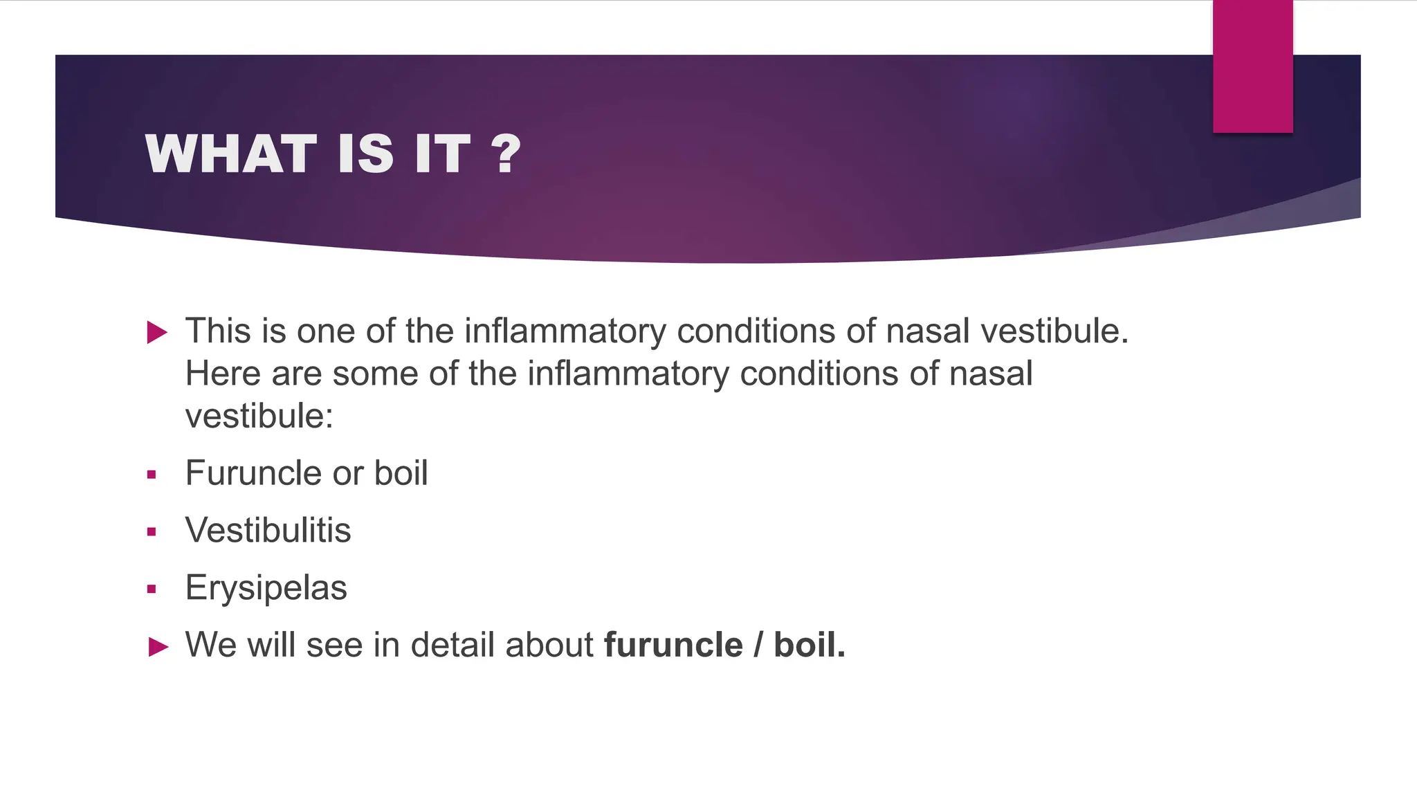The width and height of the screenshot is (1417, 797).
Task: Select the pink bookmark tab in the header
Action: [x=1252, y=66]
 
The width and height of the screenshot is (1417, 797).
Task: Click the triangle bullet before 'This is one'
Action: [x=158, y=333]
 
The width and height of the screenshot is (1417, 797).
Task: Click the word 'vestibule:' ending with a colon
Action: [x=259, y=416]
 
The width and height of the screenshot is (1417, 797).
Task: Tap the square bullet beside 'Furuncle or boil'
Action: [x=152, y=475]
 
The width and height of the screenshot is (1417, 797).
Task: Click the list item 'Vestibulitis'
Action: [x=268, y=531]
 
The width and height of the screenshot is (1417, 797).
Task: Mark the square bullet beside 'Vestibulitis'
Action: [x=152, y=532]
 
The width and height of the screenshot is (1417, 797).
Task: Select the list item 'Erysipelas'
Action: [x=266, y=588]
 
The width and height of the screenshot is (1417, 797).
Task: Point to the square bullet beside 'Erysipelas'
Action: [x=152, y=589]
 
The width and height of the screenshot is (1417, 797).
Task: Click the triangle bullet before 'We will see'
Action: [x=158, y=648]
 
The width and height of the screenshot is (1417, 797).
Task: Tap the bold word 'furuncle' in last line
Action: [x=673, y=645]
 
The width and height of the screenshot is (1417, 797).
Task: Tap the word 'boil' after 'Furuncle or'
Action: [x=401, y=474]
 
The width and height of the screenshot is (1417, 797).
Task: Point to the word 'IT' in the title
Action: [x=443, y=154]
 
